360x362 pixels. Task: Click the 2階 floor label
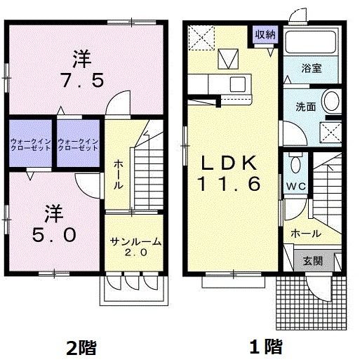(81, 347)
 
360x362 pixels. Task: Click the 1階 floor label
(265, 347)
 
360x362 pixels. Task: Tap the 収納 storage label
(264, 33)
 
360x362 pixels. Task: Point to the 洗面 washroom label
(305, 107)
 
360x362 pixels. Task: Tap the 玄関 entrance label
(313, 260)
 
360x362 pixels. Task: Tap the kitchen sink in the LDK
(236, 84)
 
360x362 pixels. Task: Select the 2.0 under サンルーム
(136, 254)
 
